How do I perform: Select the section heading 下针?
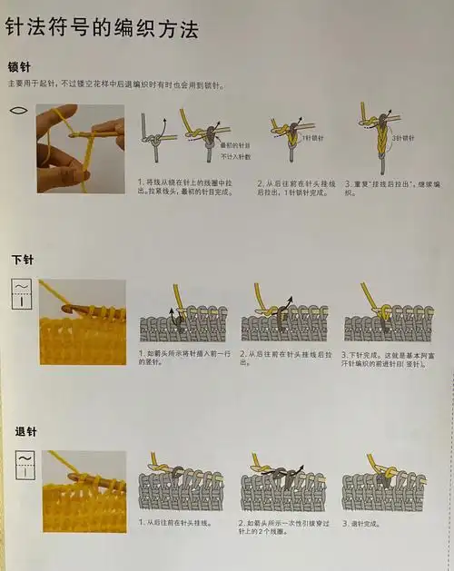click(x=22, y=260)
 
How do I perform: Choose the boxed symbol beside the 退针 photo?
click(x=23, y=463)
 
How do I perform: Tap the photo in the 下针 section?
click(x=82, y=321)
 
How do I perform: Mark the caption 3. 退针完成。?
click(x=362, y=524)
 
